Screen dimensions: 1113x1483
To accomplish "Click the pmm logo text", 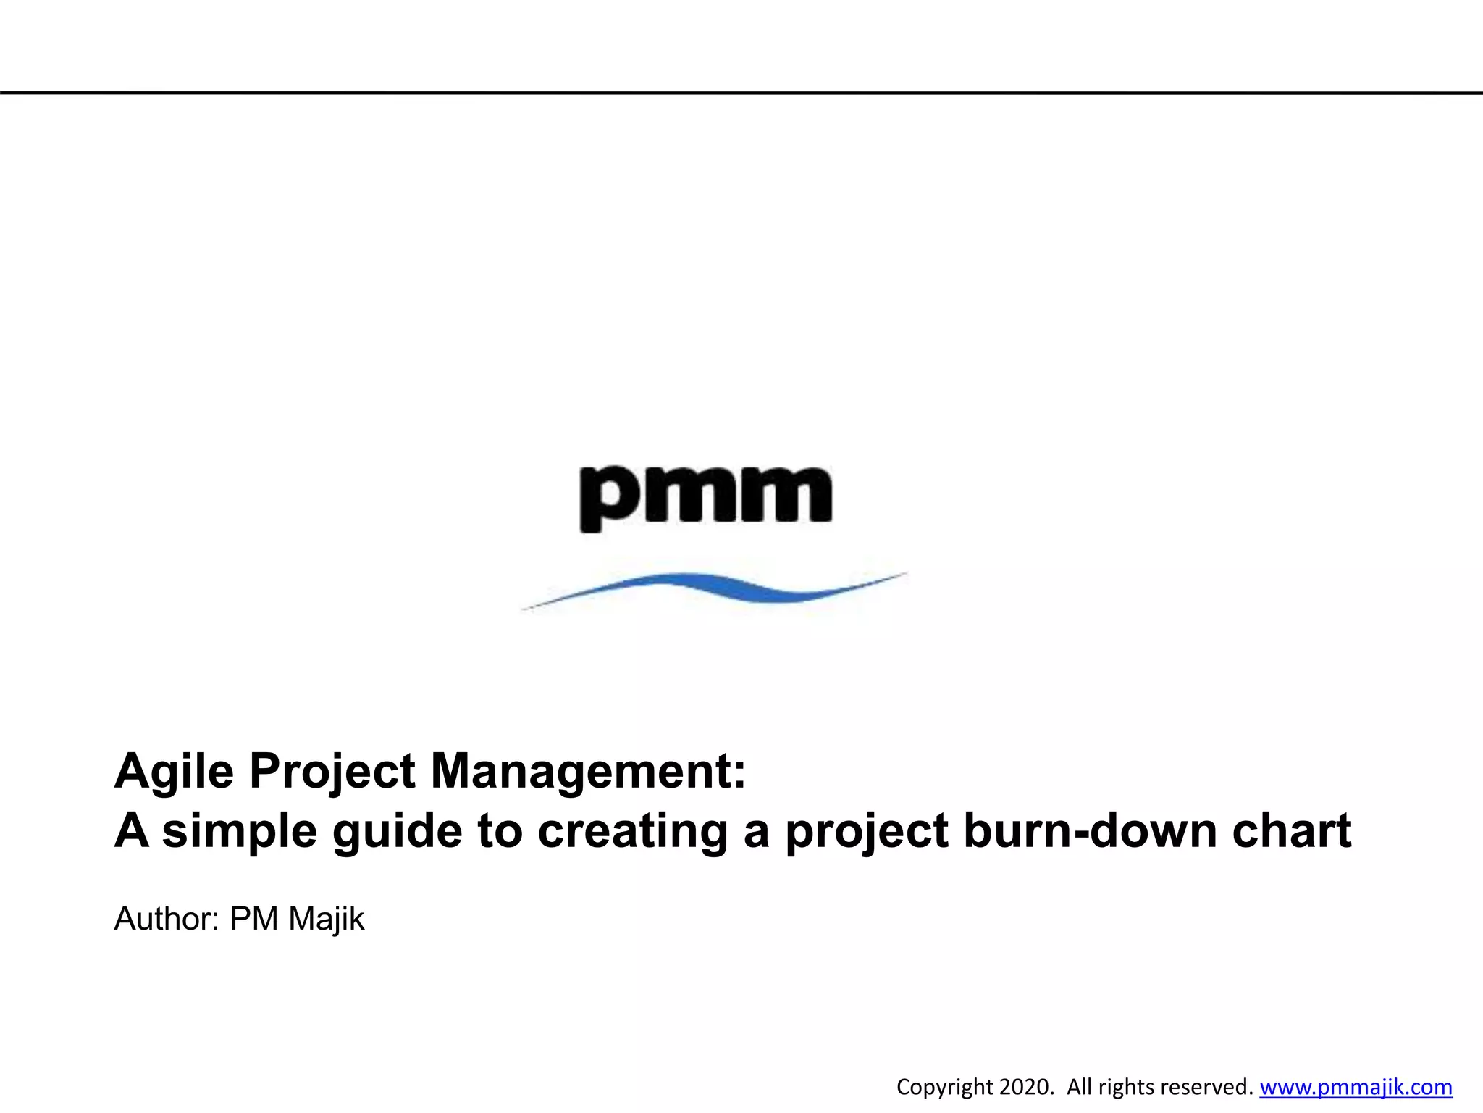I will pos(706,496).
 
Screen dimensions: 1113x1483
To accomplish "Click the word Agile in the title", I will pos(174,772).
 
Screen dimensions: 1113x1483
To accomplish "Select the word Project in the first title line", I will pos(332,772).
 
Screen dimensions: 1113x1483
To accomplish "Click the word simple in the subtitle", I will pos(239,831).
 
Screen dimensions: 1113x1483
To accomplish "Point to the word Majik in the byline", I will pos(326,919).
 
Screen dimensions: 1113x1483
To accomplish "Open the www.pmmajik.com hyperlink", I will pos(1356,1087).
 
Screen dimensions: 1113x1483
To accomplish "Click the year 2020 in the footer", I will pos(1025,1087).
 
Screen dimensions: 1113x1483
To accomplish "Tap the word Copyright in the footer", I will pos(944,1088).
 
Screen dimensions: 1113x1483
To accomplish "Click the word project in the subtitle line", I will pos(866,831).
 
